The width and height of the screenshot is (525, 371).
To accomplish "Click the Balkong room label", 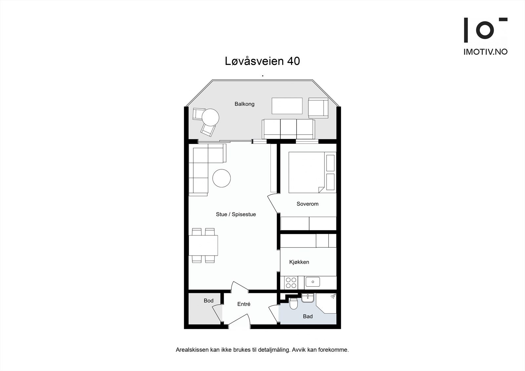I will click(244, 104).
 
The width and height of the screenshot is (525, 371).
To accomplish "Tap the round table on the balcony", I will click(210, 117).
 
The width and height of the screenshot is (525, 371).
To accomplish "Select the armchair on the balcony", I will click(318, 108).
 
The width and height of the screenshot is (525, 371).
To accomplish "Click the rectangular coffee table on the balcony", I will click(287, 106).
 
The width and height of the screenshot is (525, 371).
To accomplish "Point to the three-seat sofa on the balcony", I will click(288, 129).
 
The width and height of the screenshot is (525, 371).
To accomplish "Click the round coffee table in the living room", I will click(221, 178).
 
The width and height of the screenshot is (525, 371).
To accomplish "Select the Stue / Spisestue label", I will click(236, 214).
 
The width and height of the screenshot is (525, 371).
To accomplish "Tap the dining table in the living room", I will click(203, 245).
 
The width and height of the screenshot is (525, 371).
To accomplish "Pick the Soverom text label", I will click(307, 204).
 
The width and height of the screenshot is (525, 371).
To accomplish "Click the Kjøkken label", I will click(299, 262).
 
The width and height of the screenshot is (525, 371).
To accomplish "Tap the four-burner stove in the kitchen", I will click(291, 283).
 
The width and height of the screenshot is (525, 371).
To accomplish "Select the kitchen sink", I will click(312, 281).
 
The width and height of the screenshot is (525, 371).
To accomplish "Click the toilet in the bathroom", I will click(294, 304).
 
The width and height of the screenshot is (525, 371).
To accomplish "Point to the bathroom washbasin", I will click(307, 298).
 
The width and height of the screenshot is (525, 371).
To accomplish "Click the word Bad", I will click(308, 316).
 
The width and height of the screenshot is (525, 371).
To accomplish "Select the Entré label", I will click(244, 304).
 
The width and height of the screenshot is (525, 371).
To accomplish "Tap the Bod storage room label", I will click(208, 300).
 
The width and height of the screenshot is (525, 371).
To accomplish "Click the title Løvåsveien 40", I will click(262, 61).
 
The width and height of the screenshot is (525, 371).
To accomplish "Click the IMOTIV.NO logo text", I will click(485, 52).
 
